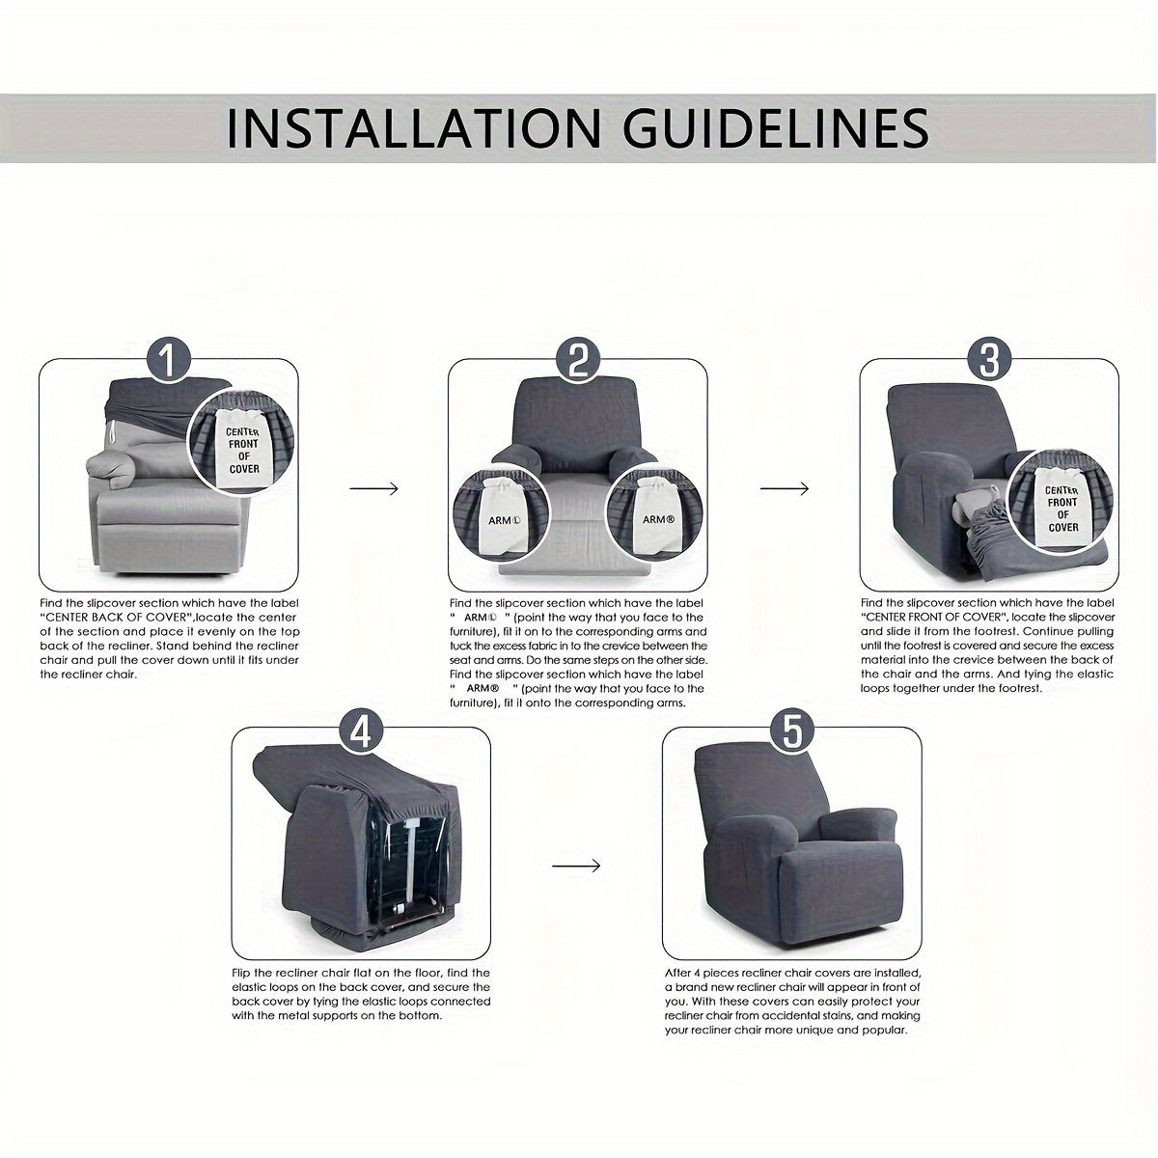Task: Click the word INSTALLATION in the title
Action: (x=414, y=128)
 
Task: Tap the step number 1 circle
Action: (x=169, y=361)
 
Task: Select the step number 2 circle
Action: (x=577, y=361)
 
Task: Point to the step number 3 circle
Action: (x=989, y=361)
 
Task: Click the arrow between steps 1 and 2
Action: (x=373, y=488)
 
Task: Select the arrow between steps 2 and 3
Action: (x=785, y=488)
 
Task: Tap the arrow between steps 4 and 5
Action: (x=576, y=866)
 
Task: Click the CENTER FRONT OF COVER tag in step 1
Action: (x=243, y=448)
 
